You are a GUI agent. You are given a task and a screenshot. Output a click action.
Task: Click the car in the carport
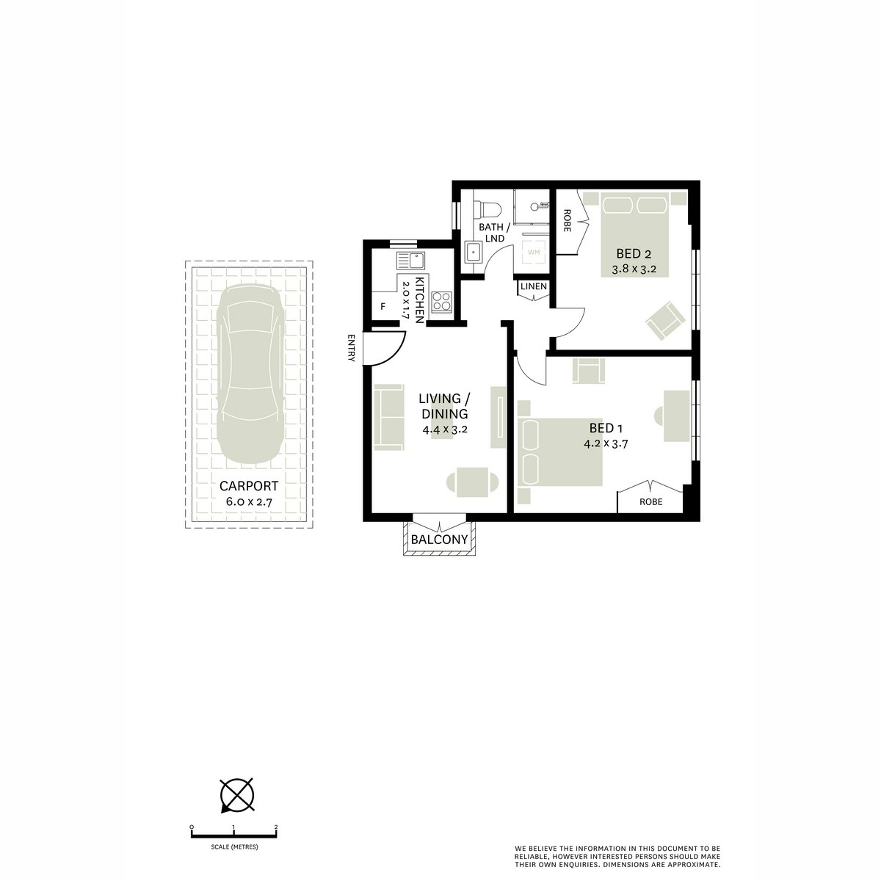[x=250, y=374]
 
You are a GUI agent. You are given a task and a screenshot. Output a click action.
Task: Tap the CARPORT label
[x=249, y=485]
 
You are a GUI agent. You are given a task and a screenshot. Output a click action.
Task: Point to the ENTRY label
[x=352, y=348]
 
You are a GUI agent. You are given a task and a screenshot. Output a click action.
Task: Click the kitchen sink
[x=410, y=260]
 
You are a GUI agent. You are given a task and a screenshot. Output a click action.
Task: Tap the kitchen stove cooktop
[x=442, y=300]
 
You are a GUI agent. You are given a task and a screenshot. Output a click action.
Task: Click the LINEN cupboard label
[x=534, y=286]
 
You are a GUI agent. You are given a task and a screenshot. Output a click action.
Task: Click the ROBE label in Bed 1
[x=650, y=502]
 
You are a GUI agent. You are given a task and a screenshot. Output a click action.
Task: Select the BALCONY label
[x=439, y=540]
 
